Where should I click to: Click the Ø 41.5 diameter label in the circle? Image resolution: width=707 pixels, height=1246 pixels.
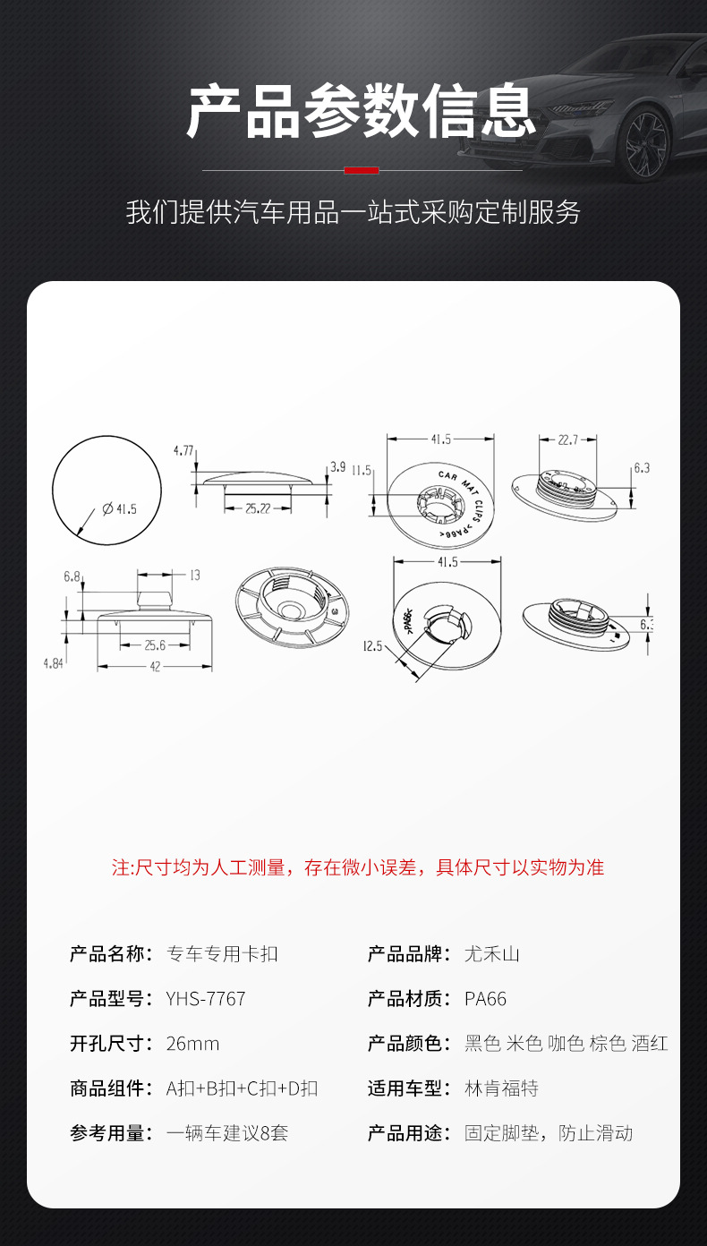[120, 509]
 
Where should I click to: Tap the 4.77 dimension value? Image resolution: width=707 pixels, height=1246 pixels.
[183, 450]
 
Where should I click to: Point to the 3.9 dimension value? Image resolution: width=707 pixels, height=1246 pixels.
[337, 466]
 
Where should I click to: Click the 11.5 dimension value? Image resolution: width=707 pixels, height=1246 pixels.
[362, 470]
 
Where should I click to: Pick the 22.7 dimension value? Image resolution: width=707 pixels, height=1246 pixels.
[567, 440]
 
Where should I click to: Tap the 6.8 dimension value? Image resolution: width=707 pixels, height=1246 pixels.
[72, 577]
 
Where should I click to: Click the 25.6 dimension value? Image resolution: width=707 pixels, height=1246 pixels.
[155, 644]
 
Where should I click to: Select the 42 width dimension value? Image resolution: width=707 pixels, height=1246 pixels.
[155, 667]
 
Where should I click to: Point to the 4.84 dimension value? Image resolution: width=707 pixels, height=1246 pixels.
[55, 662]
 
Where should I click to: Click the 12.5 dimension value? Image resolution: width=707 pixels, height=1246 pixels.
[373, 645]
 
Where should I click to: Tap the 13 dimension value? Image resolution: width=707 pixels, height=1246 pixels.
[194, 575]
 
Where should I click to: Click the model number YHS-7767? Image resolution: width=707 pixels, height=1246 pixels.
[206, 999]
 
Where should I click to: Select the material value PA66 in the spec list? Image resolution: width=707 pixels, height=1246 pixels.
[485, 999]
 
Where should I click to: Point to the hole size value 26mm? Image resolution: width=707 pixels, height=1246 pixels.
[192, 1044]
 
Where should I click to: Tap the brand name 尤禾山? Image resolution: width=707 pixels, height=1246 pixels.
[491, 954]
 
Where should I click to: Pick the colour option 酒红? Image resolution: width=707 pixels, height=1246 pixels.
[649, 1044]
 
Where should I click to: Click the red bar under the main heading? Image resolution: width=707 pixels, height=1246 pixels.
[362, 169]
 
